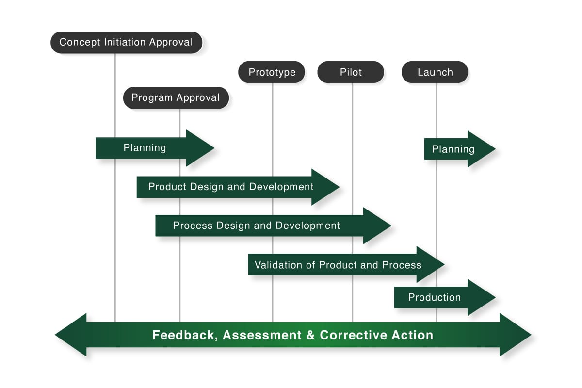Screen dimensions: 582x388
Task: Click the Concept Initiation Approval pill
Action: (x=126, y=43)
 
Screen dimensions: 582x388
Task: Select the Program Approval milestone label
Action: (x=176, y=97)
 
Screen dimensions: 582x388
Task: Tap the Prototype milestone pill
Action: (x=272, y=72)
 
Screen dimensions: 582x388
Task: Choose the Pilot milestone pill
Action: (x=351, y=72)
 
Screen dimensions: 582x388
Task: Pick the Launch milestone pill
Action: (x=435, y=72)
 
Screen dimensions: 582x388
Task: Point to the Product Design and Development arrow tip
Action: (x=339, y=187)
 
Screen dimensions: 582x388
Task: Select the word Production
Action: (x=435, y=297)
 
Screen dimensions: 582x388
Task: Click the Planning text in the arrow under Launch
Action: (x=453, y=149)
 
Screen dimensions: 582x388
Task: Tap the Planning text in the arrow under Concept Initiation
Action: (x=145, y=148)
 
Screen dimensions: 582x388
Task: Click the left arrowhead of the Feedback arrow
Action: (x=71, y=335)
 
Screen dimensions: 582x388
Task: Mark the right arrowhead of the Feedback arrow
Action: (x=516, y=335)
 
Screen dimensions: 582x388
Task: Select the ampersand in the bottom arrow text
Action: (x=310, y=335)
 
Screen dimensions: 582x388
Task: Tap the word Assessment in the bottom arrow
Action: (x=262, y=335)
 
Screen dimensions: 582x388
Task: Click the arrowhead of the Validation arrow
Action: (x=431, y=264)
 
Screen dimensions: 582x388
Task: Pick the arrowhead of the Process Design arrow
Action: (x=377, y=226)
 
